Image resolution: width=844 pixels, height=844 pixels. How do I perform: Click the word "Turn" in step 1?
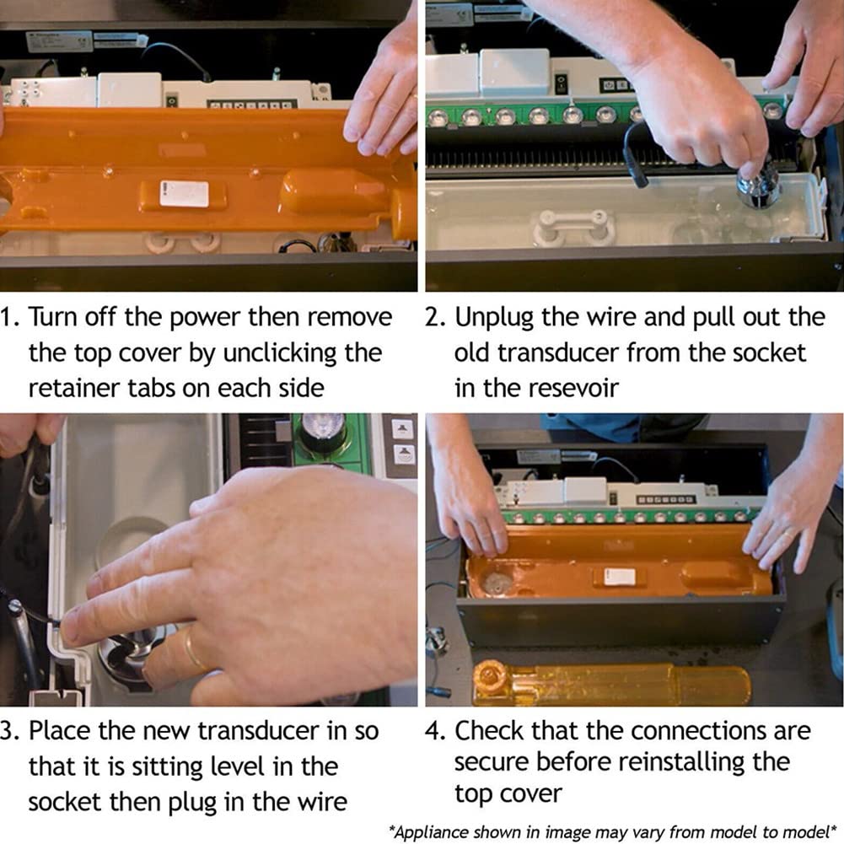(x=53, y=317)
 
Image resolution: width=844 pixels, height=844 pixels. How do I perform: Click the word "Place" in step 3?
(x=59, y=731)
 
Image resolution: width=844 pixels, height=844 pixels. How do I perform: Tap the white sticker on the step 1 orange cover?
(x=184, y=194)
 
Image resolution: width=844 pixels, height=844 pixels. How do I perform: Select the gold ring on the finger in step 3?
(x=193, y=650)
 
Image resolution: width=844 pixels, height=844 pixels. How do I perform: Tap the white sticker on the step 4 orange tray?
(x=619, y=577)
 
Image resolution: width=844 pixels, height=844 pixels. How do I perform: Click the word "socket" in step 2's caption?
(x=773, y=353)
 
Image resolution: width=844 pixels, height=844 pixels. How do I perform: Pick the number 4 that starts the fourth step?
(x=433, y=731)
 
